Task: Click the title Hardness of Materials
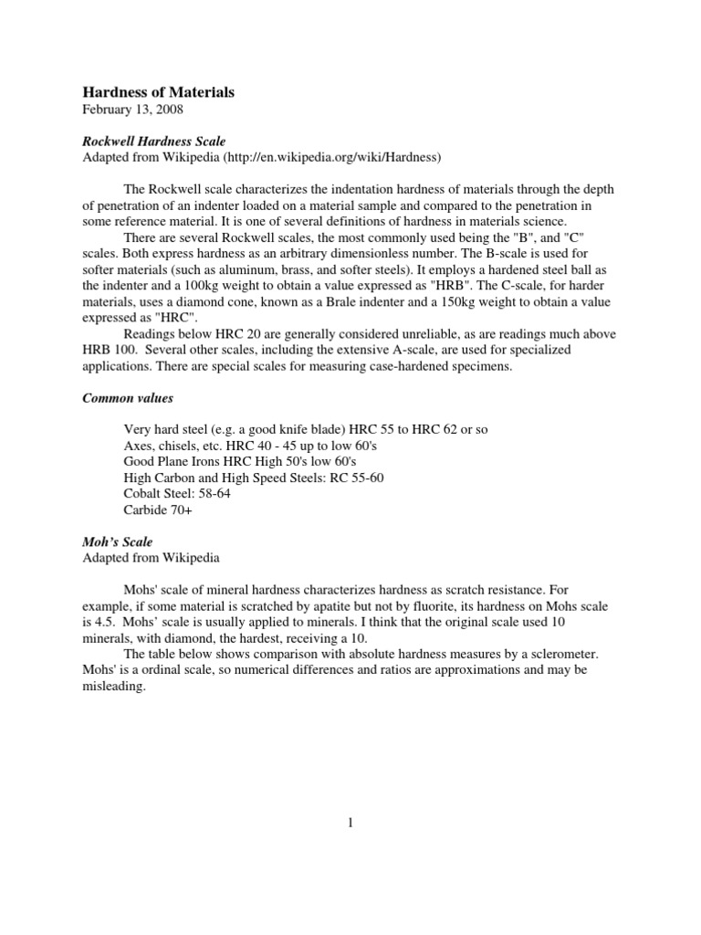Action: (x=159, y=92)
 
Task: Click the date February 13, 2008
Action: (x=133, y=110)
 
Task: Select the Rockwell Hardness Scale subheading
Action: (x=154, y=142)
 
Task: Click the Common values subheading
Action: (x=128, y=398)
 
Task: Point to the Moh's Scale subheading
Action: (x=118, y=541)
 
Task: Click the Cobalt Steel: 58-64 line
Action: (x=177, y=494)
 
